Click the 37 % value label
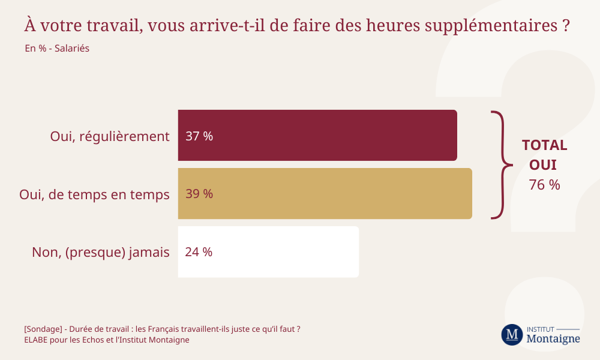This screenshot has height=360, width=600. point(199,136)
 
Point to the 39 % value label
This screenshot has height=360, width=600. point(199,194)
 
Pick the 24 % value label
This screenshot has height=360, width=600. point(199,252)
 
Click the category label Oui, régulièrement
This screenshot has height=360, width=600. point(110,136)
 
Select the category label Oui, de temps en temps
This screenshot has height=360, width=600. point(94,194)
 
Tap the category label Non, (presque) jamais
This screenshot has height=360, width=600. point(101,253)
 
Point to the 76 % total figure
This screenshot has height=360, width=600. point(544,185)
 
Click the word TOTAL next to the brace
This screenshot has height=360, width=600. point(544,145)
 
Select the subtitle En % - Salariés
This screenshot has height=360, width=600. point(57,48)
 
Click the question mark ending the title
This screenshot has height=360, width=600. point(565,26)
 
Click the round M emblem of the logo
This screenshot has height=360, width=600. point(512,334)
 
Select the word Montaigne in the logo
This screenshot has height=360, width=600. point(553,339)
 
